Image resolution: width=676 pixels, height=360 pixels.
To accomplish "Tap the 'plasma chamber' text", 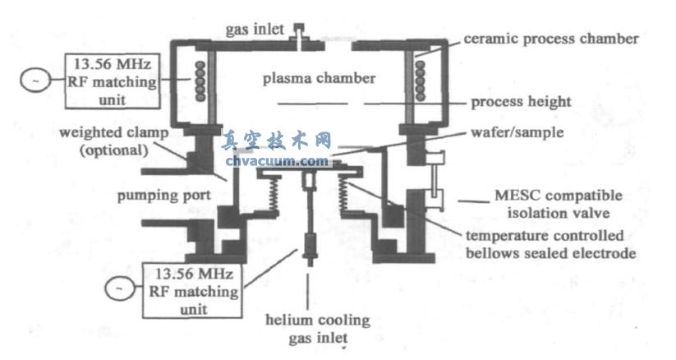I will [319, 79].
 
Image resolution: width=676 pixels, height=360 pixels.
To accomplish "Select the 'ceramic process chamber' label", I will [550, 39].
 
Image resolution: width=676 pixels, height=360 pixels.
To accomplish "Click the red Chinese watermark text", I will [277, 141].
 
